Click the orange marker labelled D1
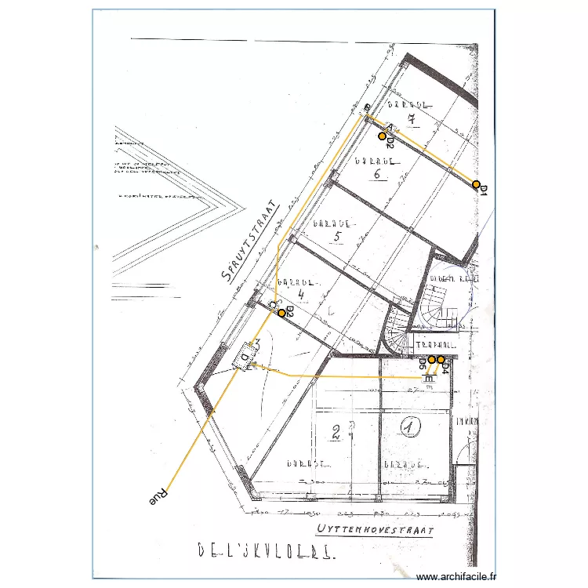point(476,184)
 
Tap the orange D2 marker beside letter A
point(383,136)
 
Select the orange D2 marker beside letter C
point(281,312)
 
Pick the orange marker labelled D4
point(441,360)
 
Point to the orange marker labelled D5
point(431,360)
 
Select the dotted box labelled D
point(246,358)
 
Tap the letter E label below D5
point(428,378)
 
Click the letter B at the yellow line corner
point(366,107)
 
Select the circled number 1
point(409,426)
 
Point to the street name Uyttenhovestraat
point(376,531)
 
